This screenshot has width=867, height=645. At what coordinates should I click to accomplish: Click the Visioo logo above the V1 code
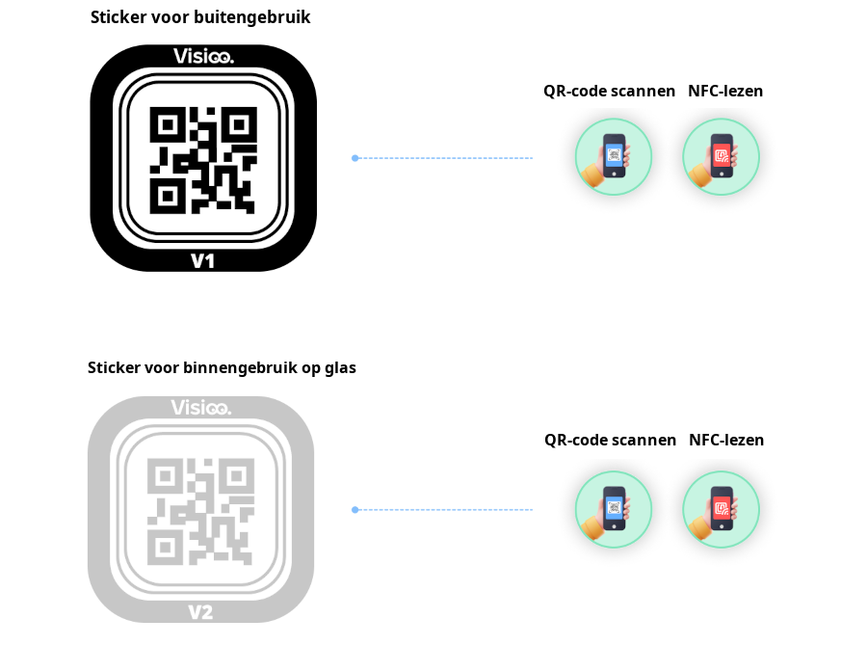coord(203,56)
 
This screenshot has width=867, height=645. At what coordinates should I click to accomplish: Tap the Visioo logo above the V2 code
coord(200,408)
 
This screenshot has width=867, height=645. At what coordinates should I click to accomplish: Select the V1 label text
coord(202,260)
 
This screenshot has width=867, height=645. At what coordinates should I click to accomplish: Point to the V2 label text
coord(200,612)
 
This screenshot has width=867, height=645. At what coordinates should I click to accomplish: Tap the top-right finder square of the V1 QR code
coord(239,124)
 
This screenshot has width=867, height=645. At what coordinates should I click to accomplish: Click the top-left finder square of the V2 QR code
coord(164,475)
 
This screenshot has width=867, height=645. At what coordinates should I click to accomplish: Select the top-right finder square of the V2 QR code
coord(236,475)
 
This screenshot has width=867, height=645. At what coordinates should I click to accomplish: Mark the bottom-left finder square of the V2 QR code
coord(164,547)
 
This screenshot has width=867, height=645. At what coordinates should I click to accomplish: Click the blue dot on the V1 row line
coord(355,158)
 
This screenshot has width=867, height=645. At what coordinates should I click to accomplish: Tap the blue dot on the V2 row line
coord(355,510)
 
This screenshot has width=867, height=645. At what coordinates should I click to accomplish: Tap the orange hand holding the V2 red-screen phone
coord(700,525)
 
